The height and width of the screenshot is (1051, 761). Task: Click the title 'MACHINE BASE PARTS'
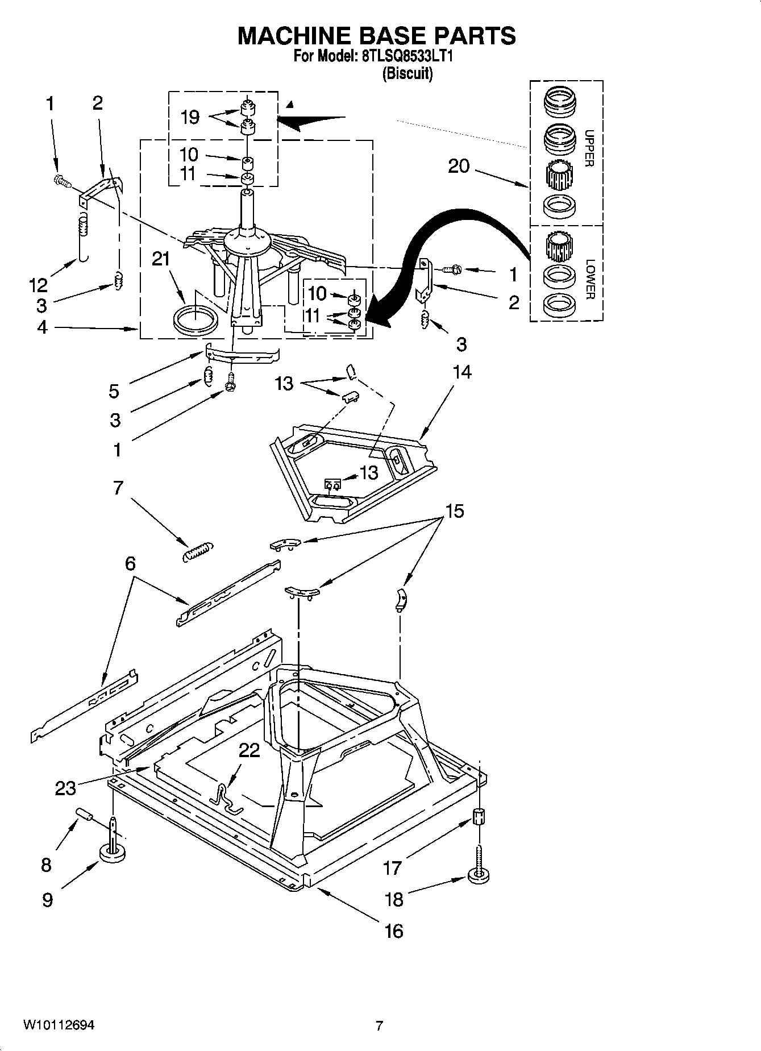pyautogui.click(x=376, y=35)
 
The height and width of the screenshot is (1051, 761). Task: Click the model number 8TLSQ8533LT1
pyautogui.click(x=406, y=57)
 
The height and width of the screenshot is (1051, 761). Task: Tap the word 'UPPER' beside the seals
pyautogui.click(x=589, y=148)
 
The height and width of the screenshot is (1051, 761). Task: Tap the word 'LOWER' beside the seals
pyautogui.click(x=589, y=279)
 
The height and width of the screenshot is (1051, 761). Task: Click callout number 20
pyautogui.click(x=459, y=166)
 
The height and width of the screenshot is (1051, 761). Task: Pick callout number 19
pyautogui.click(x=190, y=117)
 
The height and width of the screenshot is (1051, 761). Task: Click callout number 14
pyautogui.click(x=462, y=372)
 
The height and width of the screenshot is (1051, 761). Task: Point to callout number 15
pyautogui.click(x=455, y=510)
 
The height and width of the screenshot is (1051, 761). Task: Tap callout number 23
pyautogui.click(x=66, y=788)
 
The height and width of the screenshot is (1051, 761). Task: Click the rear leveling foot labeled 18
pyautogui.click(x=479, y=875)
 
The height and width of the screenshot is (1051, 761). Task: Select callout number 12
pyautogui.click(x=39, y=284)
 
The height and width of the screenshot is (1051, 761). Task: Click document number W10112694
pyautogui.click(x=59, y=1025)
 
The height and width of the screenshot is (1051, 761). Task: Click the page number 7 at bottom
pyautogui.click(x=379, y=1025)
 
